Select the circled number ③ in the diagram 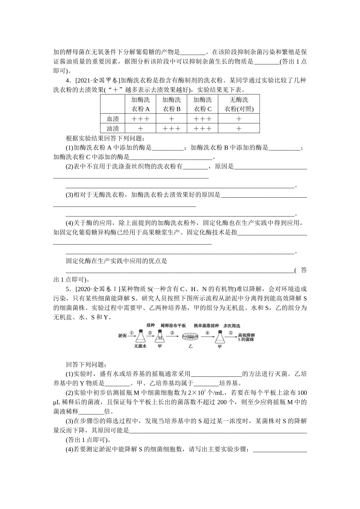tap(172, 333)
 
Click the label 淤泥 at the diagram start tap(122, 336)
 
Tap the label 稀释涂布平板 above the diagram tap(173, 325)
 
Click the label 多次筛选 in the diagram tap(232, 325)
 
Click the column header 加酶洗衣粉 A tap(141, 104)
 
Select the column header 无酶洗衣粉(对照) tap(239, 104)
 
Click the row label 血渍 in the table tap(113, 119)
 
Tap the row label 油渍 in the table tap(113, 128)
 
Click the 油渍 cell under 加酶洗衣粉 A tap(141, 128)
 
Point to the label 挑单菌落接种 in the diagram tap(206, 325)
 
